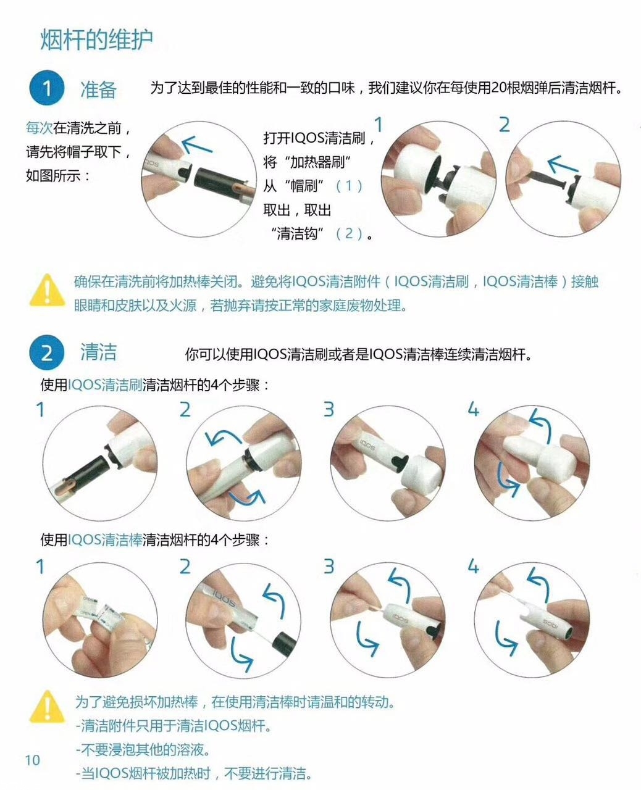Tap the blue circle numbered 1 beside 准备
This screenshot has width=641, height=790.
pos(46,89)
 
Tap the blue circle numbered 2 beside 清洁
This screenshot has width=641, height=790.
pos(46,354)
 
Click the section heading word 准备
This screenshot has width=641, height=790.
pos(98,89)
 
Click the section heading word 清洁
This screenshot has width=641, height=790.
pos(98,352)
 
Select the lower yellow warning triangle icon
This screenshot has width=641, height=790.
pos(47,707)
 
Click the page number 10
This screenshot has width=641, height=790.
pos(32,760)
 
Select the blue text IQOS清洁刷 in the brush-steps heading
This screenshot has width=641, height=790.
pos(105,385)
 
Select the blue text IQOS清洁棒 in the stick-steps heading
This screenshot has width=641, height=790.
pos(105,540)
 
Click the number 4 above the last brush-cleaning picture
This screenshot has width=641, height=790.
pos(474,409)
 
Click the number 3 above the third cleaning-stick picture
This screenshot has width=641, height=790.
pos(329,565)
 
